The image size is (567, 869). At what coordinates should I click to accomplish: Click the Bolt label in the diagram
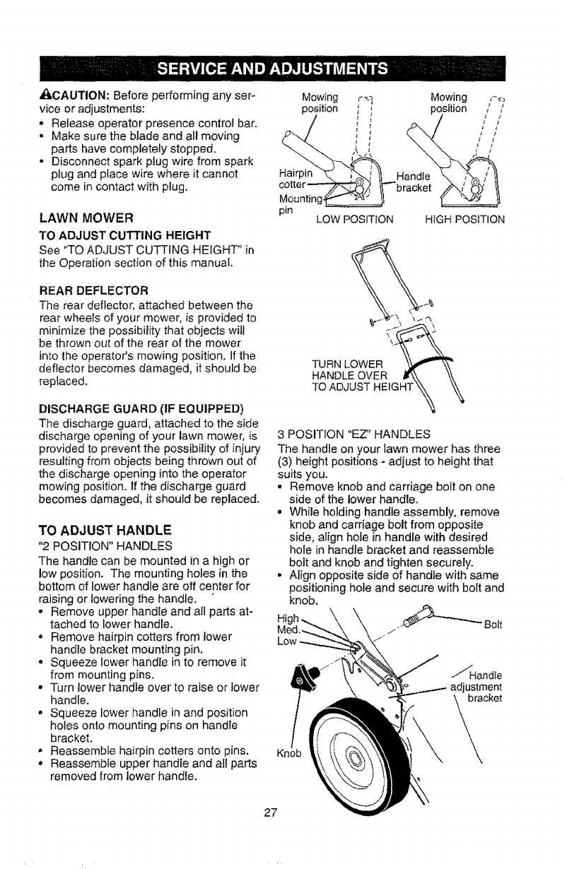pyautogui.click(x=493, y=625)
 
